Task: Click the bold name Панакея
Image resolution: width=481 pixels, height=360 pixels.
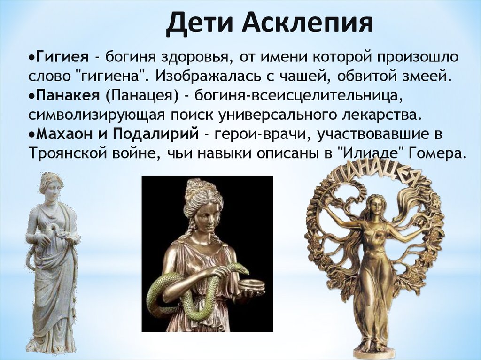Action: [x=68, y=96]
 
